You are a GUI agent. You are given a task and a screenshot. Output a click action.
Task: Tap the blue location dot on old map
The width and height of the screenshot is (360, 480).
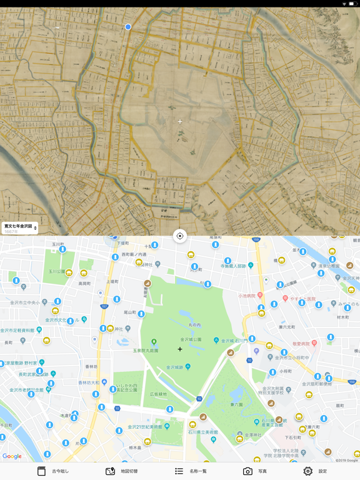[128, 27]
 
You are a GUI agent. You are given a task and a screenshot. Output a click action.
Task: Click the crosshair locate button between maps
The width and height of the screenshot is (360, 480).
[180, 236]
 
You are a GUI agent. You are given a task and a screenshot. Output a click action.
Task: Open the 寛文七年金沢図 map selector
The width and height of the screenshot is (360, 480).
[20, 228]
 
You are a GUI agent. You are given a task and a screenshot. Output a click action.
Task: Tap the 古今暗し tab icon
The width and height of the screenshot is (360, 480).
[42, 471]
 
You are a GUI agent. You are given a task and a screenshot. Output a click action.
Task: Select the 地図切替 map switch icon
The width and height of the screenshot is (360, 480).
[110, 471]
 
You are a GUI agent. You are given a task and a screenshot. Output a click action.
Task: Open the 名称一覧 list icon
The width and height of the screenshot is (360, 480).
[179, 471]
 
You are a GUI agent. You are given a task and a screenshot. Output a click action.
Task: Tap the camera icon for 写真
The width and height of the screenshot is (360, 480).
[247, 471]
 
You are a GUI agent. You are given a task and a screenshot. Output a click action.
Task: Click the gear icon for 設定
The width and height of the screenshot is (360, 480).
[307, 471]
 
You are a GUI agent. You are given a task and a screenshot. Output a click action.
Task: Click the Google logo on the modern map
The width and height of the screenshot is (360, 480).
[12, 456]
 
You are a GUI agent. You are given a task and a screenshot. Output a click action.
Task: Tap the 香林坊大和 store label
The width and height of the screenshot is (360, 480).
[89, 382]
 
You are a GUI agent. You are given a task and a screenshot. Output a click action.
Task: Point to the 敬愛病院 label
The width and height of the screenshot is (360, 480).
[300, 344]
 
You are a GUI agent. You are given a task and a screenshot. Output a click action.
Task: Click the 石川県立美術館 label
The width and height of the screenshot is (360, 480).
[201, 432]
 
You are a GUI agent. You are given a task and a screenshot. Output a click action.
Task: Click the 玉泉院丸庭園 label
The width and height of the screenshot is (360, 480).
[145, 351]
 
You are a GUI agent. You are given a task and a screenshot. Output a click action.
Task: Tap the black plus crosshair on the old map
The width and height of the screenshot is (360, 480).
[180, 121]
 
